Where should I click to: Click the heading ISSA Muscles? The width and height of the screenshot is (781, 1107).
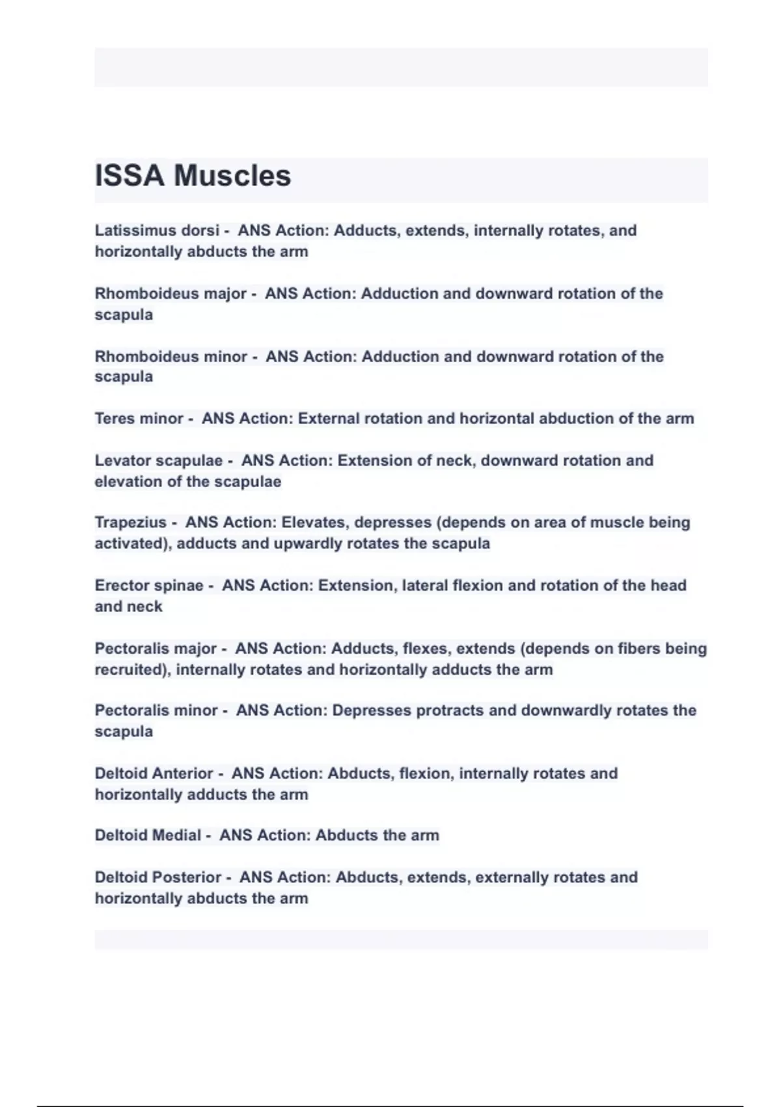click(x=193, y=176)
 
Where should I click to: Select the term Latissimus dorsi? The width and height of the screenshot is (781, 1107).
click(x=157, y=231)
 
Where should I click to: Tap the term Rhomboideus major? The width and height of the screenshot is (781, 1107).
click(x=171, y=294)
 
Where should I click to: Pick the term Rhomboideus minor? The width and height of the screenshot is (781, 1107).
click(x=171, y=357)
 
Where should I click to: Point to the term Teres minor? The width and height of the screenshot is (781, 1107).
click(x=139, y=419)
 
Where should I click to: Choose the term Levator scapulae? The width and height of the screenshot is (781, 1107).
click(x=159, y=461)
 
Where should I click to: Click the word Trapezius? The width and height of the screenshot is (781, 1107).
click(x=131, y=523)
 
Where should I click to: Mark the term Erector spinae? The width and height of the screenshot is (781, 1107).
click(x=149, y=585)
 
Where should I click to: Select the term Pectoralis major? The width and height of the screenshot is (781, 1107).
click(x=156, y=649)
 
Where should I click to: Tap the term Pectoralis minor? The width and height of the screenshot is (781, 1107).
click(x=156, y=710)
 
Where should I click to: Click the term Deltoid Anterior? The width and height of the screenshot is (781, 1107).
click(x=154, y=774)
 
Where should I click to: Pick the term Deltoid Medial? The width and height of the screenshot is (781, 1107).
click(x=148, y=835)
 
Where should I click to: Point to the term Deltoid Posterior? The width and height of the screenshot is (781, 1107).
click(x=158, y=878)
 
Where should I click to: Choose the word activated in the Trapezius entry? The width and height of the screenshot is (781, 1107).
click(x=132, y=544)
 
